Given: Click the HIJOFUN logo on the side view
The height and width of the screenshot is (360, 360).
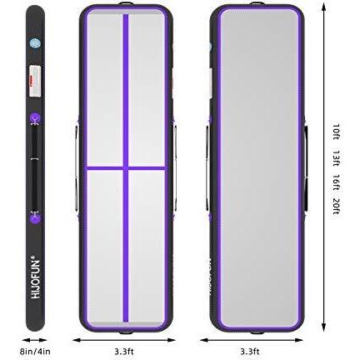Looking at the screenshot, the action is (36, 279).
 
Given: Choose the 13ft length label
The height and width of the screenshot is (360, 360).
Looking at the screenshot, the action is (336, 158).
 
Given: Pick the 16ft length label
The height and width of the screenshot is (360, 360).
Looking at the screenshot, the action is (336, 182).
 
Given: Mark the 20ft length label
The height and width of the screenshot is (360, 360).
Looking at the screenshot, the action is (336, 207).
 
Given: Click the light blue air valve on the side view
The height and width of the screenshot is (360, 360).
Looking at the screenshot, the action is (35, 43).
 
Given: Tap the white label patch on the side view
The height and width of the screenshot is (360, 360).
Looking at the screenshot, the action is (35, 81).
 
